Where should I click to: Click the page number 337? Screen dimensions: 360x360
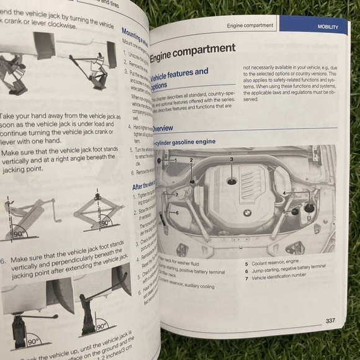[x=330, y=320]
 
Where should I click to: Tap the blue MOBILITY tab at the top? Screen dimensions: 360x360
[x=327, y=27]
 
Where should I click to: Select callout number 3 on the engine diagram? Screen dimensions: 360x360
[x=231, y=160]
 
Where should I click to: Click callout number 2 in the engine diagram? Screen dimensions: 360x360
[x=191, y=161]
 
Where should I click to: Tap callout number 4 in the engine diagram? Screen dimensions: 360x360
[x=284, y=193]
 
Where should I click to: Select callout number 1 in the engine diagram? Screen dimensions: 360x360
[x=175, y=161]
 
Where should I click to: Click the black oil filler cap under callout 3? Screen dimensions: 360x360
[x=232, y=181]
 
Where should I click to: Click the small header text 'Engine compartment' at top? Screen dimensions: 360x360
[x=250, y=26]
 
